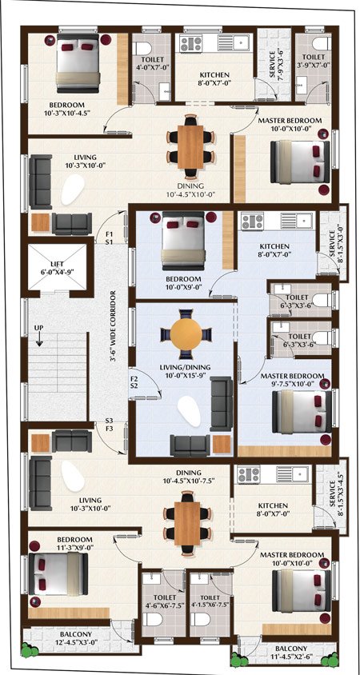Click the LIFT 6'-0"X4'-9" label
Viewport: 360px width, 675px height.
pyautogui.click(x=58, y=268)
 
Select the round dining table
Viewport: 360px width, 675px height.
pyautogui.click(x=186, y=334)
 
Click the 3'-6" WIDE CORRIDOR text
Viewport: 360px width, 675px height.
pyautogui.click(x=114, y=327)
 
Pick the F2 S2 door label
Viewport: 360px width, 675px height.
pyautogui.click(x=134, y=384)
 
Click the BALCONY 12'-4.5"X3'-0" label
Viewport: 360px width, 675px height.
pyautogui.click(x=76, y=638)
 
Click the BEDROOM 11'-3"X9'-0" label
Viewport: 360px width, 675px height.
pyautogui.click(x=75, y=543)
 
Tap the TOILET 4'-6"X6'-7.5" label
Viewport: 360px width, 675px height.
pyautogui.click(x=164, y=601)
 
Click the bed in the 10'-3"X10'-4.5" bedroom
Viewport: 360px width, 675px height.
pyautogui.click(x=78, y=63)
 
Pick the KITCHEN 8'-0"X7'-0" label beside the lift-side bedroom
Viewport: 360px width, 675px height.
pyautogui.click(x=274, y=250)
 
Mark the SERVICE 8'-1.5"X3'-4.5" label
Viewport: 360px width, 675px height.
pyautogui.click(x=335, y=498)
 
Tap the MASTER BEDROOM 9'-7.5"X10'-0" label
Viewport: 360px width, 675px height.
pyautogui.click(x=292, y=379)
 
